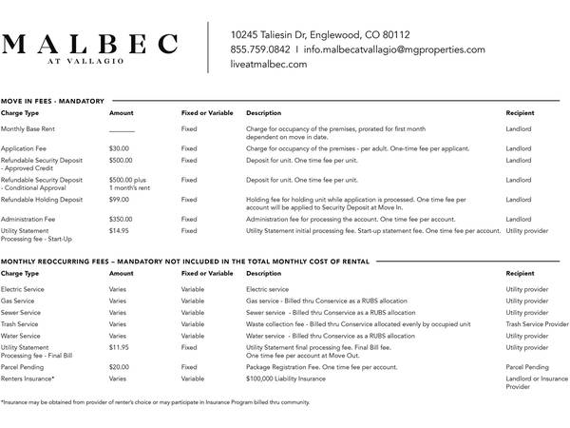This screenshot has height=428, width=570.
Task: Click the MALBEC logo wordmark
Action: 90,45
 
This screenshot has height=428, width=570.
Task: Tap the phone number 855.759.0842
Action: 260,49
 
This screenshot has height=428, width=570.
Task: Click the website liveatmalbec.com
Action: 269,65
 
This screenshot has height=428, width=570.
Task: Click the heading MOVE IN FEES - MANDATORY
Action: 52,100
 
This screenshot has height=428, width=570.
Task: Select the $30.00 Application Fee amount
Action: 119,148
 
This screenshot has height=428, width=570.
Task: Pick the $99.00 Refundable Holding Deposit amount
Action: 119,200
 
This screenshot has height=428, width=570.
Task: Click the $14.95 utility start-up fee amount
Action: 119,230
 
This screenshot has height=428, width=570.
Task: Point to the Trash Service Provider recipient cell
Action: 537,324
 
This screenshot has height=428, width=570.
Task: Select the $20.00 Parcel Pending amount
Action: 119,366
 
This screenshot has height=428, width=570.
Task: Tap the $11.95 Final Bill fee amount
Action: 119,348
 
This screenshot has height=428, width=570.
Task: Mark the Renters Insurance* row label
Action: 28,379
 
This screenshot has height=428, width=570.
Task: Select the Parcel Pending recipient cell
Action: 527,366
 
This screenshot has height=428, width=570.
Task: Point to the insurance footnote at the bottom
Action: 156,402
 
